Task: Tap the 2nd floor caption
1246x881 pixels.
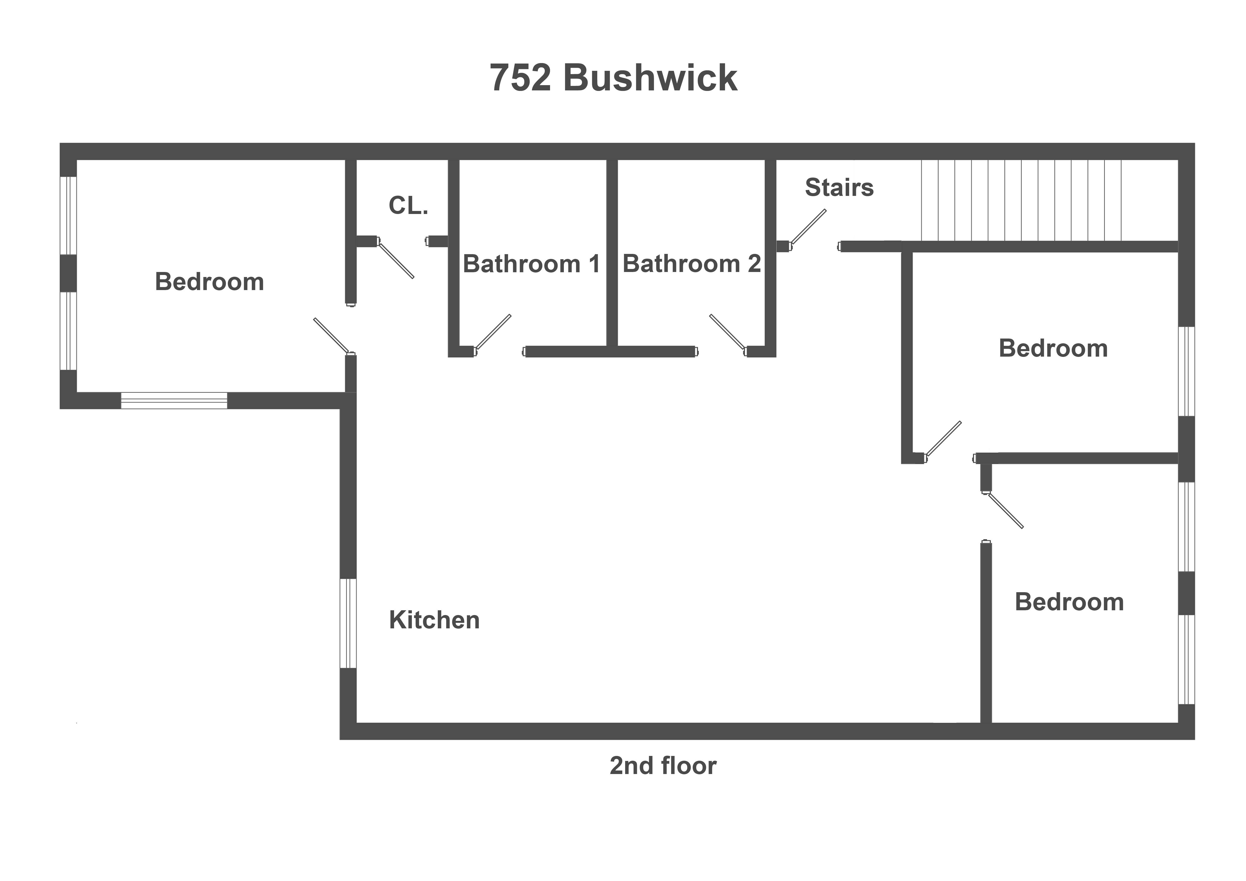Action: tap(663, 765)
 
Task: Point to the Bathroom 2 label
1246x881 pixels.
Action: tap(691, 264)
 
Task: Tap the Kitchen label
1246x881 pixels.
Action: tap(434, 620)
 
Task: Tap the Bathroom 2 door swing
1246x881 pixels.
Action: tap(727, 332)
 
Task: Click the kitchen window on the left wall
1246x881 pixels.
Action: tap(348, 623)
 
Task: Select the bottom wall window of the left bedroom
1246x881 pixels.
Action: tap(174, 400)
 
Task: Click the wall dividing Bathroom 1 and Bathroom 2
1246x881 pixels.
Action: tap(612, 252)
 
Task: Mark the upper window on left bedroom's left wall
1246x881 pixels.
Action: tap(68, 215)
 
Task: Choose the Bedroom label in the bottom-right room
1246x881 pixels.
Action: tap(1069, 602)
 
